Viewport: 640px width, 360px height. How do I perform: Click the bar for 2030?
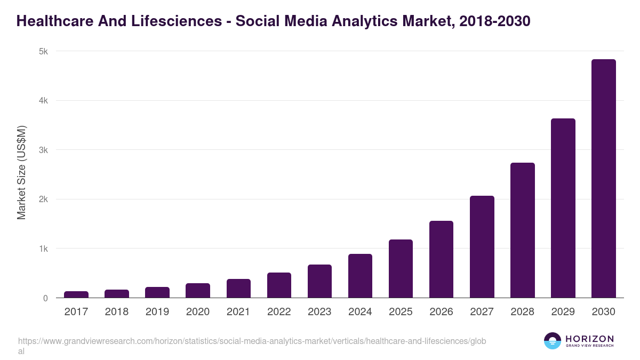point(603,179)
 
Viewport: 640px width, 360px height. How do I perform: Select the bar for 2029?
point(563,208)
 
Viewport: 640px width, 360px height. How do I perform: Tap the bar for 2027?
point(482,247)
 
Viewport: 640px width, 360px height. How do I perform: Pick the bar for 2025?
point(401,269)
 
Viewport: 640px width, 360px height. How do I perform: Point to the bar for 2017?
point(76,294)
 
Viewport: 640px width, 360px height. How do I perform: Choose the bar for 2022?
point(279,285)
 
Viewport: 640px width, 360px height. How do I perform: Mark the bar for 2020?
point(198,291)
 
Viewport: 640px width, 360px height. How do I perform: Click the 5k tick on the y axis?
point(43,52)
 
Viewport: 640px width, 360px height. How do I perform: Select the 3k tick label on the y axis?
point(43,150)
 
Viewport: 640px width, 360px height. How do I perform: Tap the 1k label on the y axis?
point(43,249)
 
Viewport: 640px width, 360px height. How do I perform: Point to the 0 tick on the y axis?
point(45,299)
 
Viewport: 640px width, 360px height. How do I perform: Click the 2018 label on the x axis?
point(117,312)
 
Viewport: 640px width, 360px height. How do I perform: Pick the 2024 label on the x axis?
point(360,312)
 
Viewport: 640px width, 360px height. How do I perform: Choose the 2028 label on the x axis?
point(522,312)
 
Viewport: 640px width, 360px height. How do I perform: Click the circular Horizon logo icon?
point(552,341)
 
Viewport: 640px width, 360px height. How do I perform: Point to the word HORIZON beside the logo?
point(589,339)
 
